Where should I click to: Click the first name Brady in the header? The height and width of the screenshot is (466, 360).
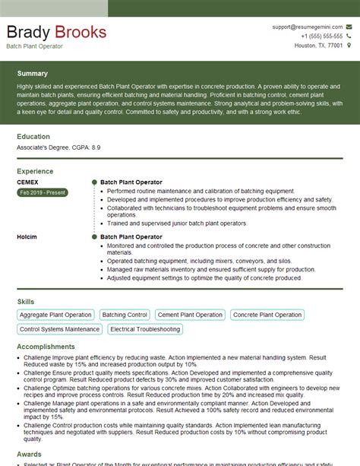click(x=28, y=33)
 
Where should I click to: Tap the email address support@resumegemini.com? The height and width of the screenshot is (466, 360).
click(x=307, y=27)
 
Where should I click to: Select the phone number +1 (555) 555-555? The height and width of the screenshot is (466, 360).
click(x=321, y=36)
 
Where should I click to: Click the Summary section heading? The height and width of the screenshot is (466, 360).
click(x=32, y=74)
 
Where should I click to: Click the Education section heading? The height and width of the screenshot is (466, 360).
click(x=33, y=137)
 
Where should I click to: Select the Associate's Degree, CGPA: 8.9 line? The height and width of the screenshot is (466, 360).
click(x=48, y=147)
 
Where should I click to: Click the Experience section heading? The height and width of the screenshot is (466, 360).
click(x=35, y=172)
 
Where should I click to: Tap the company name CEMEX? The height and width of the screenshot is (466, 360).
click(x=27, y=183)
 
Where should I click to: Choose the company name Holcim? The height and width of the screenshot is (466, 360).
click(x=27, y=237)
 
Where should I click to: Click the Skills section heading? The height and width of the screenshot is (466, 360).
click(x=25, y=302)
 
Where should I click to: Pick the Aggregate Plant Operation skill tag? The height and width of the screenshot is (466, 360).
click(x=55, y=315)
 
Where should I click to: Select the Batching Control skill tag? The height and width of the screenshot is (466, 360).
click(x=125, y=315)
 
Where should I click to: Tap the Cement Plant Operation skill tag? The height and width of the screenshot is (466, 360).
click(x=189, y=315)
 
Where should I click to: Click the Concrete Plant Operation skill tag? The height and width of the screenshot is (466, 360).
click(x=267, y=315)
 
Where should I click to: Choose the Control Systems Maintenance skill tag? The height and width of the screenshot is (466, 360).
click(x=59, y=330)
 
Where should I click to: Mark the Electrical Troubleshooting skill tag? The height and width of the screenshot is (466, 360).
click(x=145, y=330)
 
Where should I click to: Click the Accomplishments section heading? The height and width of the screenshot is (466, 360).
click(x=47, y=346)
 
